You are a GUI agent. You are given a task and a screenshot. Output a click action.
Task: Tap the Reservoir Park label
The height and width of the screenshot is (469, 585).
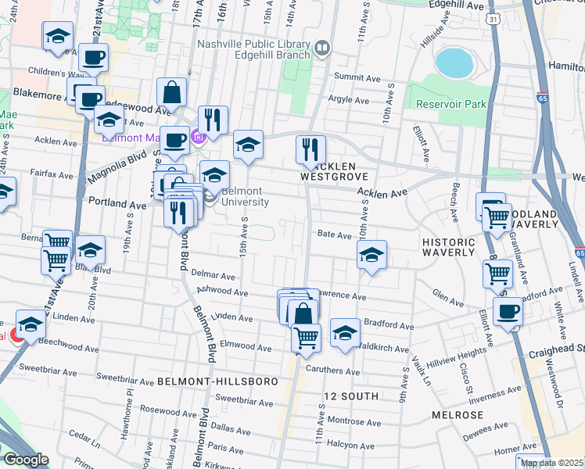pyautogui.click(x=451, y=104)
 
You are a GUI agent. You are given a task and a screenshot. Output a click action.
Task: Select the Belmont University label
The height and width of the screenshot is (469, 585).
pyautogui.click(x=245, y=196)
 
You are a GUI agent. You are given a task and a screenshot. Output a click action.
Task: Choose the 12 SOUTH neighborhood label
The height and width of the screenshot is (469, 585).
pyautogui.click(x=348, y=396)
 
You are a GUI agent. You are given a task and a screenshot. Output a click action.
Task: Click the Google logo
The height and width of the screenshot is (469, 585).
pyautogui.click(x=26, y=459)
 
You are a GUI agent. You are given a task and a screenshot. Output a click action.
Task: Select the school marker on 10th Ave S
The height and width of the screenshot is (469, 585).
pyautogui.click(x=371, y=255)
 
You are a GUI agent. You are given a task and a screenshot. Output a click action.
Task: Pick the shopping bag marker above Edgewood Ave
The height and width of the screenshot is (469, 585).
pyautogui.click(x=171, y=93)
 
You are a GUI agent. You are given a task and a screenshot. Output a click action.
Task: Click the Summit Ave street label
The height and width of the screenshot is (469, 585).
pyautogui.click(x=356, y=77)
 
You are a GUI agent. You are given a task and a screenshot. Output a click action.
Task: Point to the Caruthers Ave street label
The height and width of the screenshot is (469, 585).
pyautogui.click(x=332, y=370)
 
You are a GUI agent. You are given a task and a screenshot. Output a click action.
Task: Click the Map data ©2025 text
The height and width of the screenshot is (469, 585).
pyautogui.click(x=551, y=463)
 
